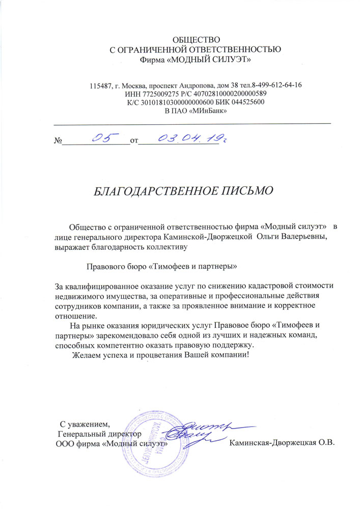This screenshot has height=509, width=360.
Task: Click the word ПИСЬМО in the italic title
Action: click(246, 191)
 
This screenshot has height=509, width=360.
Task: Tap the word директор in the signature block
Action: click(121, 434)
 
